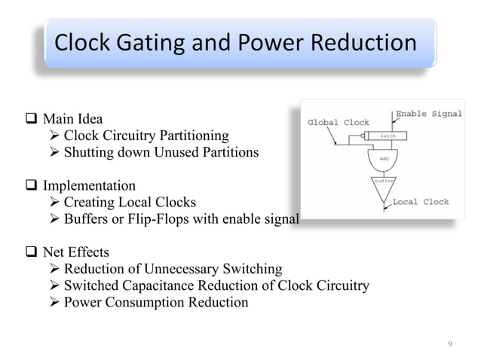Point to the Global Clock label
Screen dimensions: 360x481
(339, 123)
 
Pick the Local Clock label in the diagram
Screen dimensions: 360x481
(420, 202)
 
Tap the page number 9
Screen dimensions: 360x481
(450, 344)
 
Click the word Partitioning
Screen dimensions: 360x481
(191, 136)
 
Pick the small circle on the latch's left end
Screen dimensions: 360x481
(365, 136)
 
